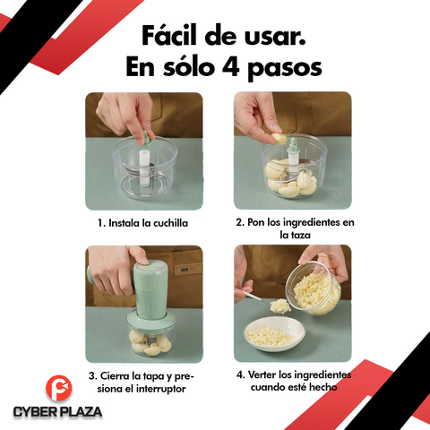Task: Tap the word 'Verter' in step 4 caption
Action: (x=273, y=374)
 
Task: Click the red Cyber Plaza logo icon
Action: (x=57, y=389)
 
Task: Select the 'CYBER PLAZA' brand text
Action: (x=57, y=412)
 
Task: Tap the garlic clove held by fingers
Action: (x=279, y=140)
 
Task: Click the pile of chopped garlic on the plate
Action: (x=270, y=336)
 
